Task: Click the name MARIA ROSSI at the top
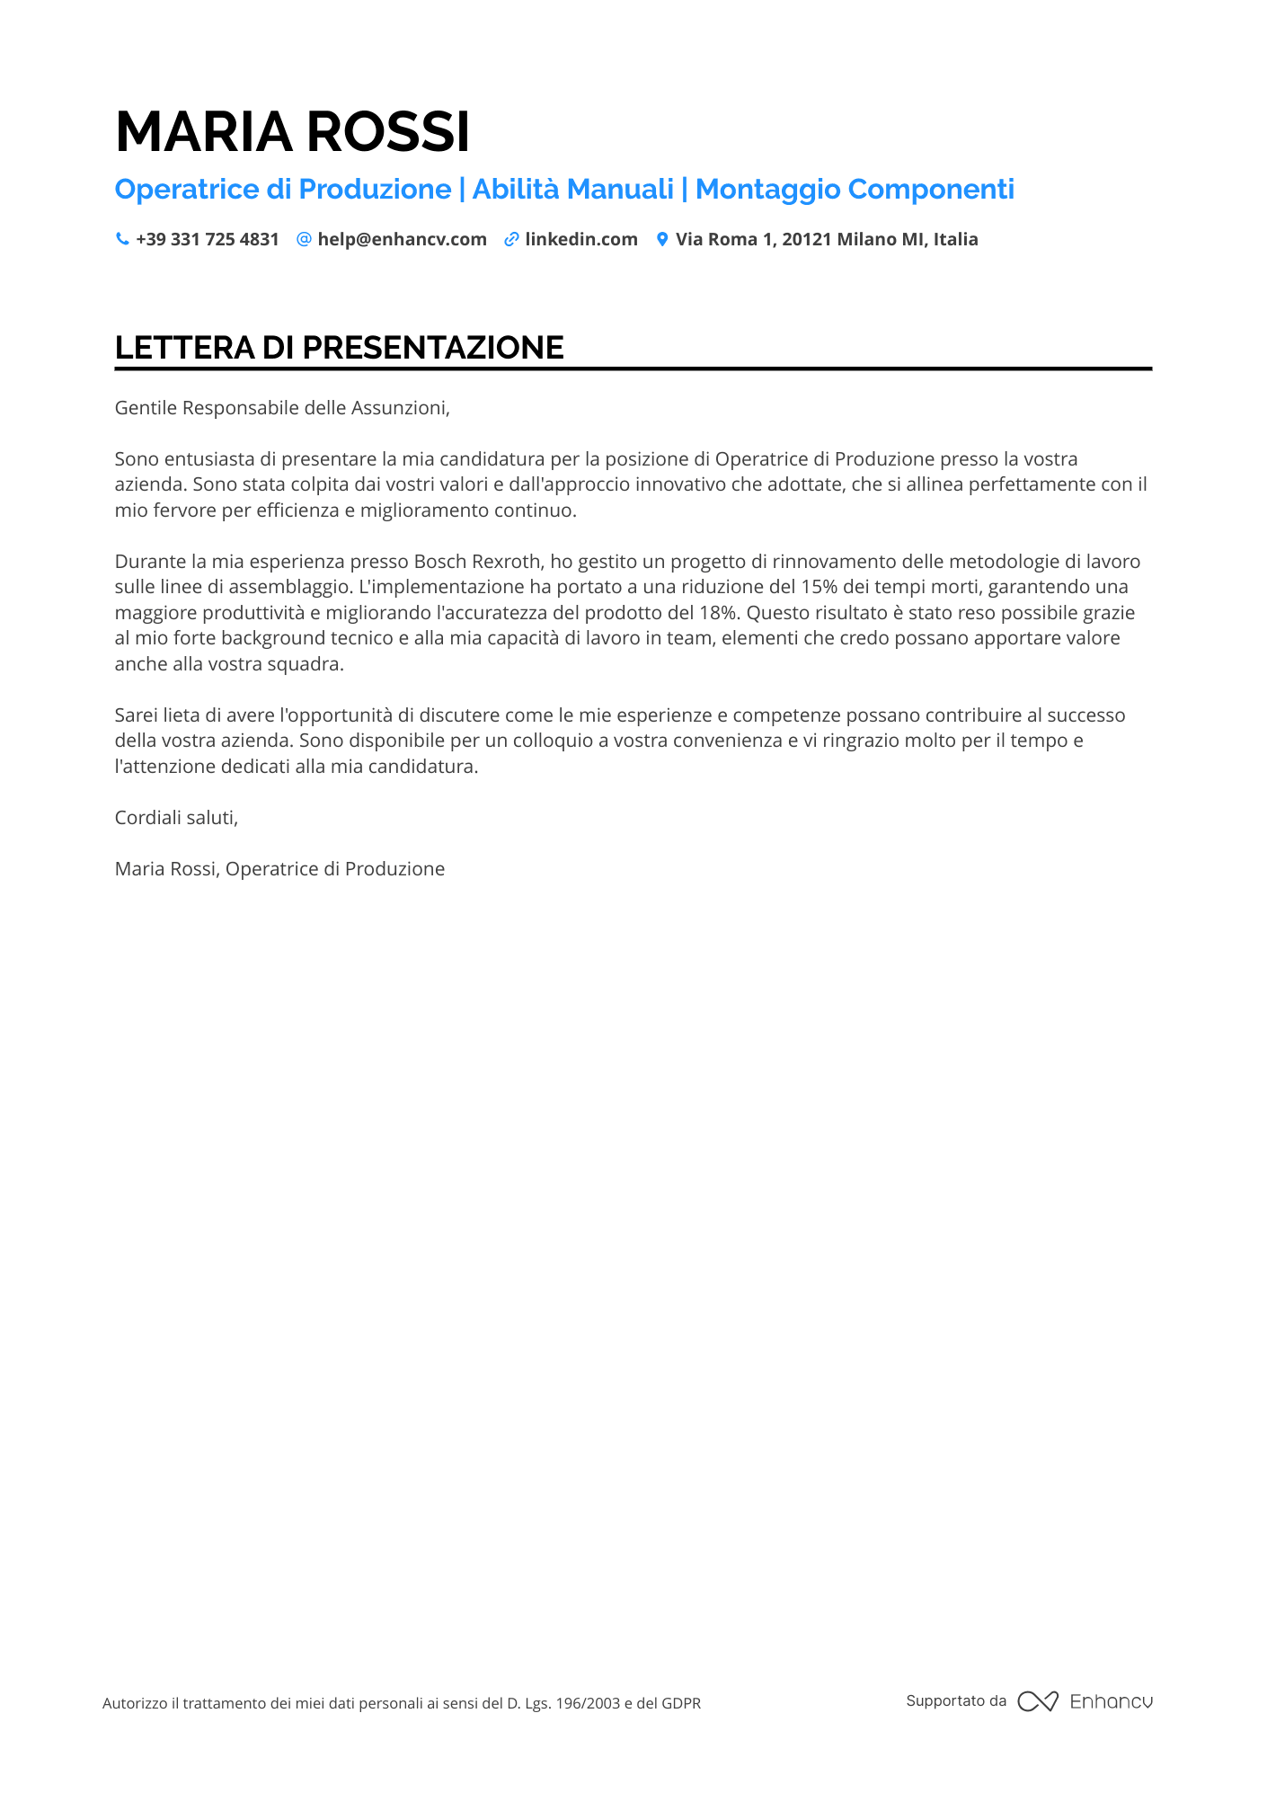tap(292, 131)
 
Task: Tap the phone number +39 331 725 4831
tap(207, 239)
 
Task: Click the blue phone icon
tap(122, 239)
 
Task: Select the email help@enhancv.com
tap(402, 239)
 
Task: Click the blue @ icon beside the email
tap(304, 239)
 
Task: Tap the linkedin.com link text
tap(580, 239)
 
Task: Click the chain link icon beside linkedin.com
tap(511, 239)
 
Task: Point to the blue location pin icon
tap(662, 239)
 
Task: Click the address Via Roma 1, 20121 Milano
tap(826, 239)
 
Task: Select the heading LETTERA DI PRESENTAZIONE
tap(339, 348)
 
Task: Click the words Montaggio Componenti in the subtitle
tap(855, 189)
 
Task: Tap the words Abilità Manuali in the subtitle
tap(572, 189)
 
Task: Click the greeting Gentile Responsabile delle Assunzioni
tap(282, 408)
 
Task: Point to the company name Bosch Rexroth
tap(478, 562)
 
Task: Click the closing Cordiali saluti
tap(176, 818)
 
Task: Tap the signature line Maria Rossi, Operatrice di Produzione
tap(279, 869)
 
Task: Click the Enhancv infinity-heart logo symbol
tap(1037, 1701)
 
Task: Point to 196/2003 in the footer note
tap(588, 1703)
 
